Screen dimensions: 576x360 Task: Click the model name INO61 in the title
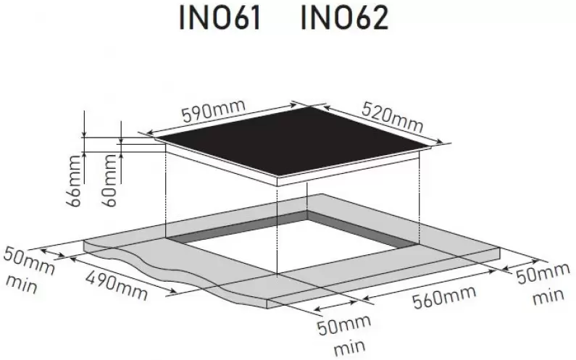(x=220, y=18)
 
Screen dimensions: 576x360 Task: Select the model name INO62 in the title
(x=345, y=18)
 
